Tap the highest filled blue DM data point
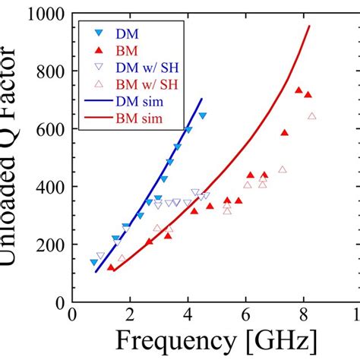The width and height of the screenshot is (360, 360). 203,115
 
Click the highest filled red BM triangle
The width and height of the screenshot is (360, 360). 298,90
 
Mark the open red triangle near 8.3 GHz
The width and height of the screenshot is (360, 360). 312,116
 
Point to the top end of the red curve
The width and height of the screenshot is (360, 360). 310,26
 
